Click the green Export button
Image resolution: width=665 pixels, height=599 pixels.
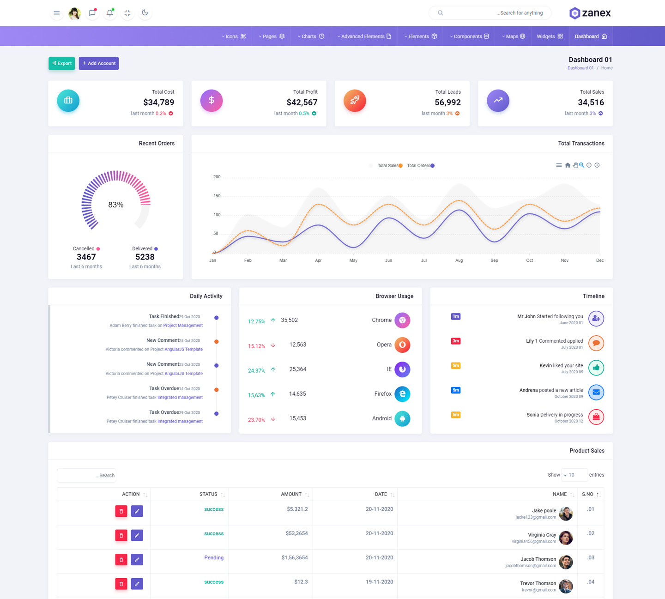tap(61, 63)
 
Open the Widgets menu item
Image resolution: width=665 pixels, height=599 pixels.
tap(549, 36)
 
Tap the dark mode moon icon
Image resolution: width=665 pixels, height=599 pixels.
tap(145, 13)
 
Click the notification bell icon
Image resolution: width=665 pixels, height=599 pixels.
tap(110, 13)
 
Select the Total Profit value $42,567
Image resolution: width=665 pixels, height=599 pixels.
tap(302, 103)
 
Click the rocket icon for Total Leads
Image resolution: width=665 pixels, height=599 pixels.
tap(355, 101)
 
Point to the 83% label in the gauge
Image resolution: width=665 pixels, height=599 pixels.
tap(116, 205)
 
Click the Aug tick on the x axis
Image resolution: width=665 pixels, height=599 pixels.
tap(459, 260)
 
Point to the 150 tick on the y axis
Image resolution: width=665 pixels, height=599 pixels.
tap(217, 196)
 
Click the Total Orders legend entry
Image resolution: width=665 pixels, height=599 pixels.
tap(420, 165)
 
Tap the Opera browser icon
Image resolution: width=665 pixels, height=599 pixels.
tap(402, 345)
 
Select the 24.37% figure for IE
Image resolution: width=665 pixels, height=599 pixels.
tap(256, 370)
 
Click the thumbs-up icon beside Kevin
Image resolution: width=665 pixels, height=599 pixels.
tap(596, 368)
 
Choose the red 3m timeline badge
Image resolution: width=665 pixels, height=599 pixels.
tap(456, 341)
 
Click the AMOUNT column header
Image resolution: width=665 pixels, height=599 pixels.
tap(291, 494)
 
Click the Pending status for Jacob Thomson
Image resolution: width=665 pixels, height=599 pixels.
tap(214, 557)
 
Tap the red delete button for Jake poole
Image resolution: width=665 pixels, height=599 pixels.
tap(121, 511)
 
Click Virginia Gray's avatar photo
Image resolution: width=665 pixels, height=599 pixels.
tap(566, 538)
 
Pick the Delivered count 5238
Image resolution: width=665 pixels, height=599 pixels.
tap(145, 257)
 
